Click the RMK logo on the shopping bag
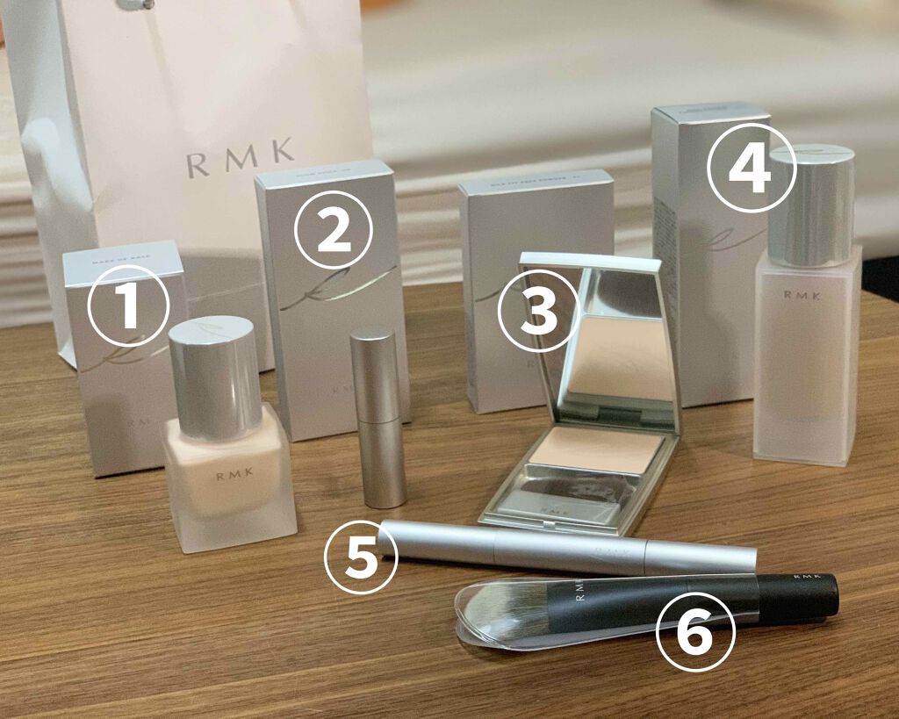point(240,157)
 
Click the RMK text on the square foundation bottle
point(229,479)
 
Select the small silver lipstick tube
point(378,417)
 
